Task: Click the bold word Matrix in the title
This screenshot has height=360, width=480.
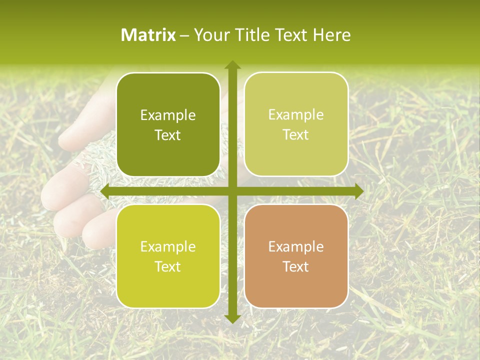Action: pyautogui.click(x=148, y=35)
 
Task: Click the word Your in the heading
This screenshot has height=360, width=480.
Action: pyautogui.click(x=210, y=35)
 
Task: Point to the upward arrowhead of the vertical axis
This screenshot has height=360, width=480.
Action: pyautogui.click(x=232, y=64)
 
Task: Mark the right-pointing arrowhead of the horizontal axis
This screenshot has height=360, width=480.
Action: pyautogui.click(x=358, y=191)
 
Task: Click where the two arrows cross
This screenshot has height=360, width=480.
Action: pyautogui.click(x=232, y=191)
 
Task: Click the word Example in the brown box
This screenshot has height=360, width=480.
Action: pyautogui.click(x=296, y=246)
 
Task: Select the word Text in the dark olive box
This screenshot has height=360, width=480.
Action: pyautogui.click(x=168, y=135)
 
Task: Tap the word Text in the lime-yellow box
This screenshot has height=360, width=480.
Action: pyautogui.click(x=168, y=266)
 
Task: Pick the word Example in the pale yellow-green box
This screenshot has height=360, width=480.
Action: pyautogui.click(x=296, y=115)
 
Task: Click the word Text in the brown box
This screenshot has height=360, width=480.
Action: pyautogui.click(x=296, y=266)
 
